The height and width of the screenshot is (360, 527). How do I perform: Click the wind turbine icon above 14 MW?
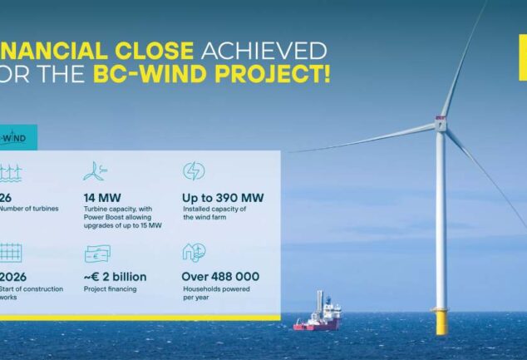pyautogui.click(x=95, y=172)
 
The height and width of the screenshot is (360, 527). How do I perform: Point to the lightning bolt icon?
pyautogui.click(x=194, y=171)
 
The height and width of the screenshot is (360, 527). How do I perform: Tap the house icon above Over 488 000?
pyautogui.click(x=194, y=252)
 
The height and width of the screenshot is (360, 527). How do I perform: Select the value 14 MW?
pyautogui.click(x=102, y=198)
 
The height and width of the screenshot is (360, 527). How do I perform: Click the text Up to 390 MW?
pyautogui.click(x=223, y=198)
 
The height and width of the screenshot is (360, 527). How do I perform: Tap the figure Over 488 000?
pyautogui.click(x=220, y=276)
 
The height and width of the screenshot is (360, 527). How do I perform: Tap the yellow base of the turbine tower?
pyautogui.click(x=440, y=320)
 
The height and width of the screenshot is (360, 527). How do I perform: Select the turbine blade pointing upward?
pyautogui.click(x=463, y=58)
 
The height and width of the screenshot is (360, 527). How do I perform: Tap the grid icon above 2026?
pyautogui.click(x=10, y=253)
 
